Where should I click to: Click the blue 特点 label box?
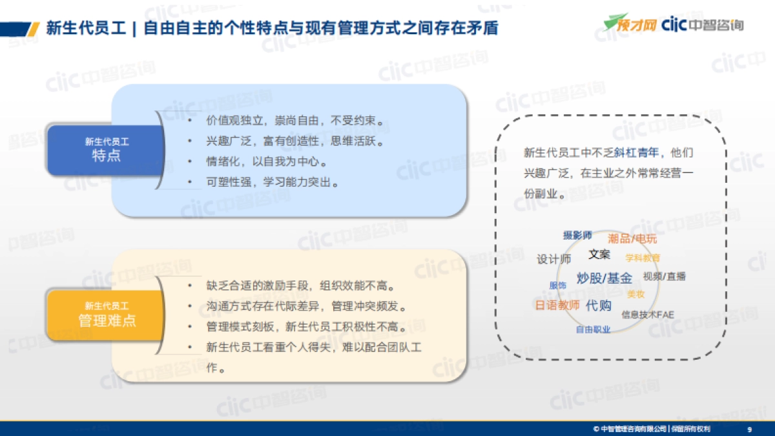[106, 150]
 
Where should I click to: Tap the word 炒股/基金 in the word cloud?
[604, 278]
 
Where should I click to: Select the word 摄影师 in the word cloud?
[577, 236]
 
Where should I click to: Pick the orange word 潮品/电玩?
[632, 239]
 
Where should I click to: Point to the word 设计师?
[553, 259]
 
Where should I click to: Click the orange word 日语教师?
[557, 306]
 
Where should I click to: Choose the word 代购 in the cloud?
[598, 306]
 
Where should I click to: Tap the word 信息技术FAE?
[647, 315]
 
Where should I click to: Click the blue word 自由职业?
[593, 329]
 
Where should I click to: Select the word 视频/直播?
[664, 276]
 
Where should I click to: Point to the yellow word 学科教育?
[643, 258]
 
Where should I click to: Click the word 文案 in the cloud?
[599, 254]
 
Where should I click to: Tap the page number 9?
[749, 429]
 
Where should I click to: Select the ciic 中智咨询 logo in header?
[703, 25]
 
